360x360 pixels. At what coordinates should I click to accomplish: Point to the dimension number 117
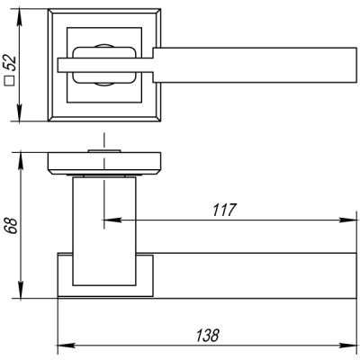[x=224, y=210]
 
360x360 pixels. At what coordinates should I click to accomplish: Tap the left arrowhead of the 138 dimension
[x=62, y=344]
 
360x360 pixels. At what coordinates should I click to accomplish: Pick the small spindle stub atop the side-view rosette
[x=104, y=145]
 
